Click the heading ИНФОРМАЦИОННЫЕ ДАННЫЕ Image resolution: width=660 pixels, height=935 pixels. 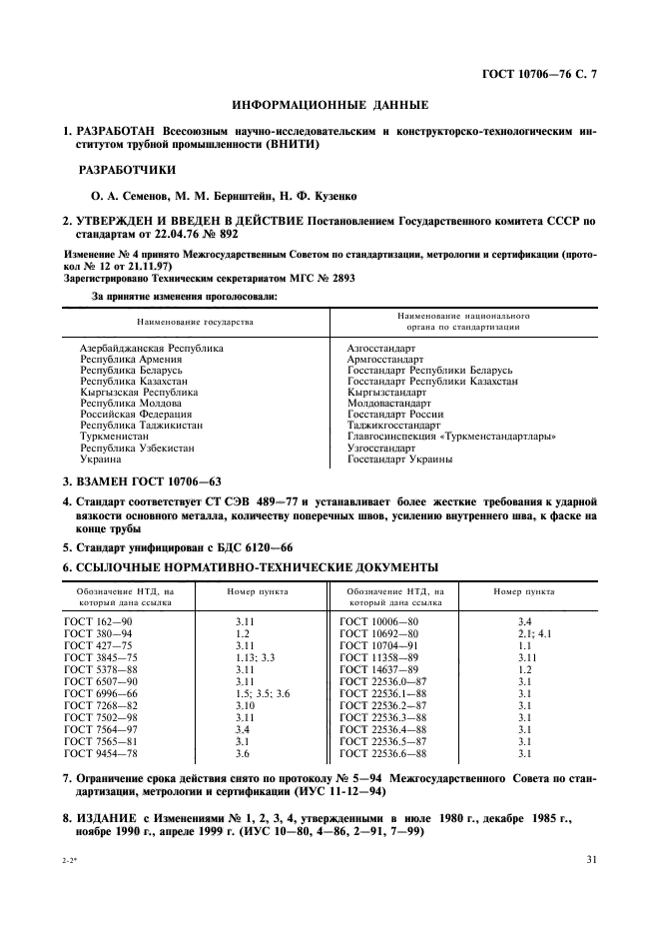(330, 104)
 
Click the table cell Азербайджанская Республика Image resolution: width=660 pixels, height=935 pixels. (151, 348)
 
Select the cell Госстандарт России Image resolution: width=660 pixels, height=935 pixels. (395, 414)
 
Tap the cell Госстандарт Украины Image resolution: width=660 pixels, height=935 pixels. (399, 460)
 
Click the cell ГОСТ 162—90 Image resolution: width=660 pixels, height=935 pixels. (98, 621)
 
